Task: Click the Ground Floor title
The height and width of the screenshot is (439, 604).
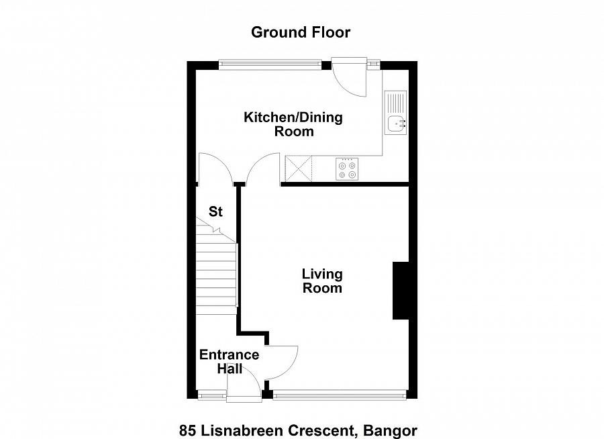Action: [301, 32]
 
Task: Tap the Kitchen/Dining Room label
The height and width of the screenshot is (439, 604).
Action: [293, 124]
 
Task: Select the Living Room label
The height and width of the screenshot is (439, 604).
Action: [321, 281]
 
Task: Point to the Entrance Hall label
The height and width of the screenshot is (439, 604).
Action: [229, 361]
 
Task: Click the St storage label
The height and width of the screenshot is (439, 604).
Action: [215, 212]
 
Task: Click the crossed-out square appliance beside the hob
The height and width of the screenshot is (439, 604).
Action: [299, 168]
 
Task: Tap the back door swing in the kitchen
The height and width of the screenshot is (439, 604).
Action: [349, 79]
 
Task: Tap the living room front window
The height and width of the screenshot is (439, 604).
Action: [340, 395]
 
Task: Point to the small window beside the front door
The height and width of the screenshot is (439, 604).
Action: [212, 395]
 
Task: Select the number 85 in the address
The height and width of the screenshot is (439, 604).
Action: [187, 430]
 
